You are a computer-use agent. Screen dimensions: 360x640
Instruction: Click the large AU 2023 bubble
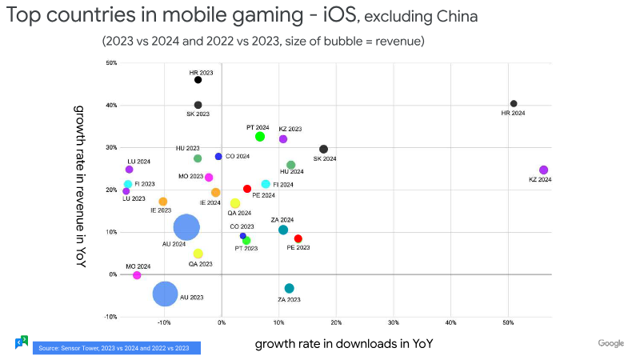tap(165, 294)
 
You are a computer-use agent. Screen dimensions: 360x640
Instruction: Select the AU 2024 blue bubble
tap(186, 227)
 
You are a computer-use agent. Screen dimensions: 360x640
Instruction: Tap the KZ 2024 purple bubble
tap(543, 170)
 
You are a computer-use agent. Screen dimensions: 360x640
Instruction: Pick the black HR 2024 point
tap(514, 103)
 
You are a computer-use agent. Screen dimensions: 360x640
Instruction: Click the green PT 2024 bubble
tap(260, 137)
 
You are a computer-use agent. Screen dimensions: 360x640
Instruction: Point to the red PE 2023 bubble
tap(298, 238)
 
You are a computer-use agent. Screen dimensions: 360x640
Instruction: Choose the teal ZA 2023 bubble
tap(289, 288)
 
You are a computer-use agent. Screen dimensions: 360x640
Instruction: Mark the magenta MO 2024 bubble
tap(137, 275)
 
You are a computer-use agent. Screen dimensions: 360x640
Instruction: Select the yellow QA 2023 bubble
tap(198, 254)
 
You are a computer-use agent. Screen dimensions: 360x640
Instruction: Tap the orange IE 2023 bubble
tap(163, 202)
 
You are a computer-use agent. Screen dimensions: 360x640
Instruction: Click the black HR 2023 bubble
tap(198, 80)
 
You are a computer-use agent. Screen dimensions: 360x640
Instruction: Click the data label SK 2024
tap(324, 159)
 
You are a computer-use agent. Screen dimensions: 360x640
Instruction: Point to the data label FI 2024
tap(282, 185)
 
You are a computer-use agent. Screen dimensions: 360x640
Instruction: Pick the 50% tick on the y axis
tap(110, 63)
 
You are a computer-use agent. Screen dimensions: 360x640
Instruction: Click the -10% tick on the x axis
tap(164, 323)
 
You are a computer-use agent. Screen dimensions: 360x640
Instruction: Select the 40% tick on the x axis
tap(450, 323)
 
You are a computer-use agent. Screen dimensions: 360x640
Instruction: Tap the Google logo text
tap(610, 343)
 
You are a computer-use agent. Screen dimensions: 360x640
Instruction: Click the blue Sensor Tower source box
tap(116, 348)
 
